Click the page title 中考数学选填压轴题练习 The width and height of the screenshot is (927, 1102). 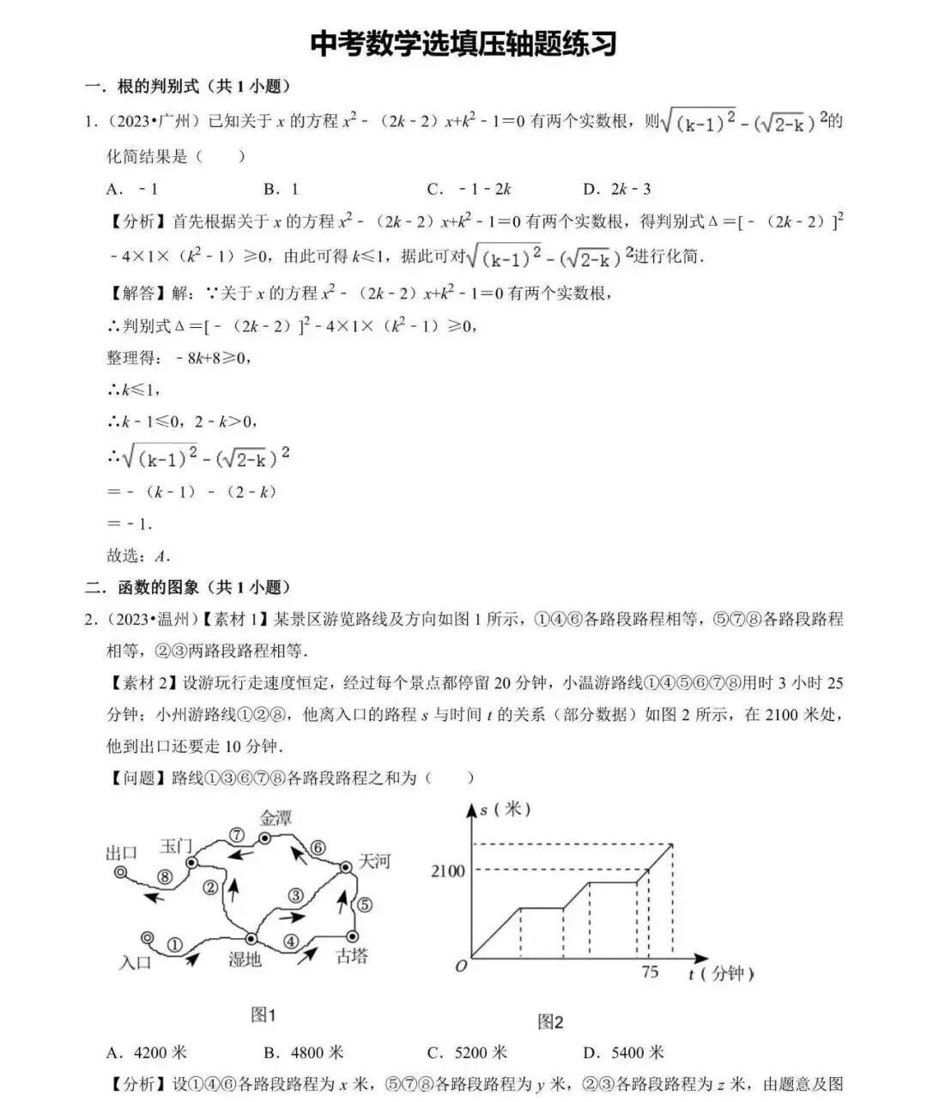(x=463, y=43)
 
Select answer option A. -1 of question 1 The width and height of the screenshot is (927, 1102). (x=132, y=189)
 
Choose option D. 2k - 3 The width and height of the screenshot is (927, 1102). (x=616, y=189)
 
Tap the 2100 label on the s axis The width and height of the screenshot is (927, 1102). (x=447, y=871)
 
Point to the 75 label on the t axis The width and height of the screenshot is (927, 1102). (x=650, y=972)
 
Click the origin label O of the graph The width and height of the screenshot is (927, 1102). (x=461, y=966)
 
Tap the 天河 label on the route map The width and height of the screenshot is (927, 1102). (x=374, y=860)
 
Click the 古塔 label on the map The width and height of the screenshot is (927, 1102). (x=351, y=955)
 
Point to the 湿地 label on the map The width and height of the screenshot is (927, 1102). (x=245, y=960)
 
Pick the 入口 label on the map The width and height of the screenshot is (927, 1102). (x=135, y=962)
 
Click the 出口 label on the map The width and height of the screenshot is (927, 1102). (x=121, y=852)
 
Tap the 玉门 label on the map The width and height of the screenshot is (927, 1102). (x=176, y=845)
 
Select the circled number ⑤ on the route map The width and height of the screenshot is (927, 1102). (x=364, y=904)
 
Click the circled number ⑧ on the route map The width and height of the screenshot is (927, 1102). (x=165, y=875)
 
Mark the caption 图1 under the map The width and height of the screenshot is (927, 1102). (x=264, y=1015)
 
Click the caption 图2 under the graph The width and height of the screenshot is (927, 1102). (x=550, y=1021)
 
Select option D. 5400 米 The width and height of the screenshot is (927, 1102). (x=623, y=1052)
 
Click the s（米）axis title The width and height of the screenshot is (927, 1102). (x=506, y=808)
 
